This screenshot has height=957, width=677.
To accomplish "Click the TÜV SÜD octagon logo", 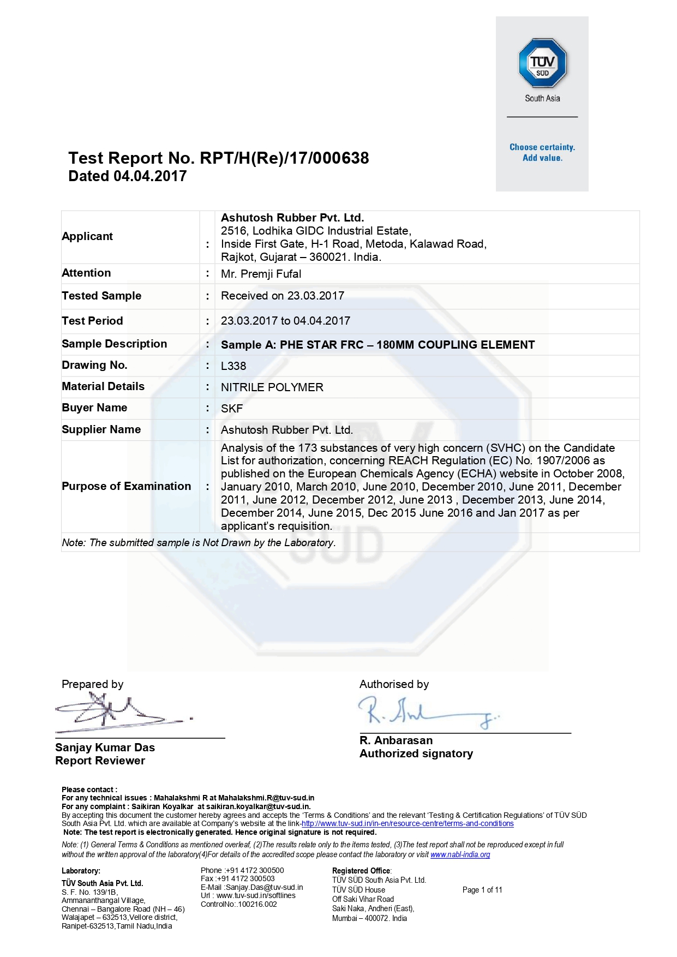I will tap(542, 63).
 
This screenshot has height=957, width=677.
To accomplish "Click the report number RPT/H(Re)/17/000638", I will tap(284, 158).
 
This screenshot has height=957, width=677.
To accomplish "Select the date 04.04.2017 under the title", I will tap(150, 176).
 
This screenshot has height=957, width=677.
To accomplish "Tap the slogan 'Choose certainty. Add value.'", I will tap(542, 153).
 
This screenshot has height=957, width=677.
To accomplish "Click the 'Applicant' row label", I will tap(87, 236).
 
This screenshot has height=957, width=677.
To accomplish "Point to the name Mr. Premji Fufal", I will tap(261, 274).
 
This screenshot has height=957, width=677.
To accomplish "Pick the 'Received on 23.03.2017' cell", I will tap(283, 296).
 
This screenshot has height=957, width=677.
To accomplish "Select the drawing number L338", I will tap(233, 366).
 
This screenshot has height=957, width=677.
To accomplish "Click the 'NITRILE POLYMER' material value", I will tap(272, 387).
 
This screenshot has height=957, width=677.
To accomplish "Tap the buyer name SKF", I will tap(232, 409).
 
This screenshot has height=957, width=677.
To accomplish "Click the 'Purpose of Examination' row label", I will tap(127, 486).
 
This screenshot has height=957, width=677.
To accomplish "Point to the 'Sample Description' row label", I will tap(115, 344).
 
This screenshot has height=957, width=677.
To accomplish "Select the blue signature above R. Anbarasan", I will tap(426, 712).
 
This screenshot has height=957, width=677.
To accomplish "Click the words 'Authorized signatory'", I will tap(416, 753).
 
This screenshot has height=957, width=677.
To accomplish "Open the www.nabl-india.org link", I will tap(460, 854).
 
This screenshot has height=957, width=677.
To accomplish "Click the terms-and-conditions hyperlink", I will tap(408, 823).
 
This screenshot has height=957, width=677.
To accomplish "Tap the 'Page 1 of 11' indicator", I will tap(482, 890).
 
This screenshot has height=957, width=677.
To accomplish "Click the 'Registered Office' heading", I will tap(361, 871).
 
